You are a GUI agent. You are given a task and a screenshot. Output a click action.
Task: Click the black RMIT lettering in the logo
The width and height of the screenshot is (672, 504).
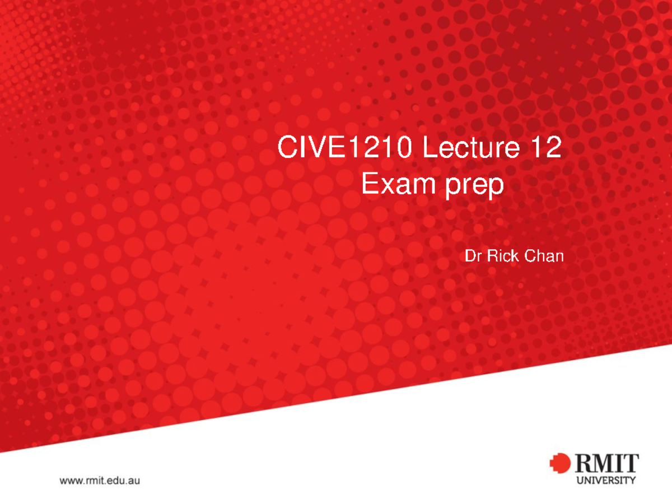tap(605, 464)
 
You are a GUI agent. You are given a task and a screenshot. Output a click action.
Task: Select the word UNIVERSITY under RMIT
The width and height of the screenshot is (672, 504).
tap(605, 480)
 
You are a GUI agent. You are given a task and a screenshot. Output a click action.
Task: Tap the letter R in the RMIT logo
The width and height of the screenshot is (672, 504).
tap(582, 464)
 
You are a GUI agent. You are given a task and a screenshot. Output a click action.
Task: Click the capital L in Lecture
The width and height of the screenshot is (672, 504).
tap(429, 150)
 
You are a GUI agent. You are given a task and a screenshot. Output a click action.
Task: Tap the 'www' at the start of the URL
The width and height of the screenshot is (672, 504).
tap(69, 481)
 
